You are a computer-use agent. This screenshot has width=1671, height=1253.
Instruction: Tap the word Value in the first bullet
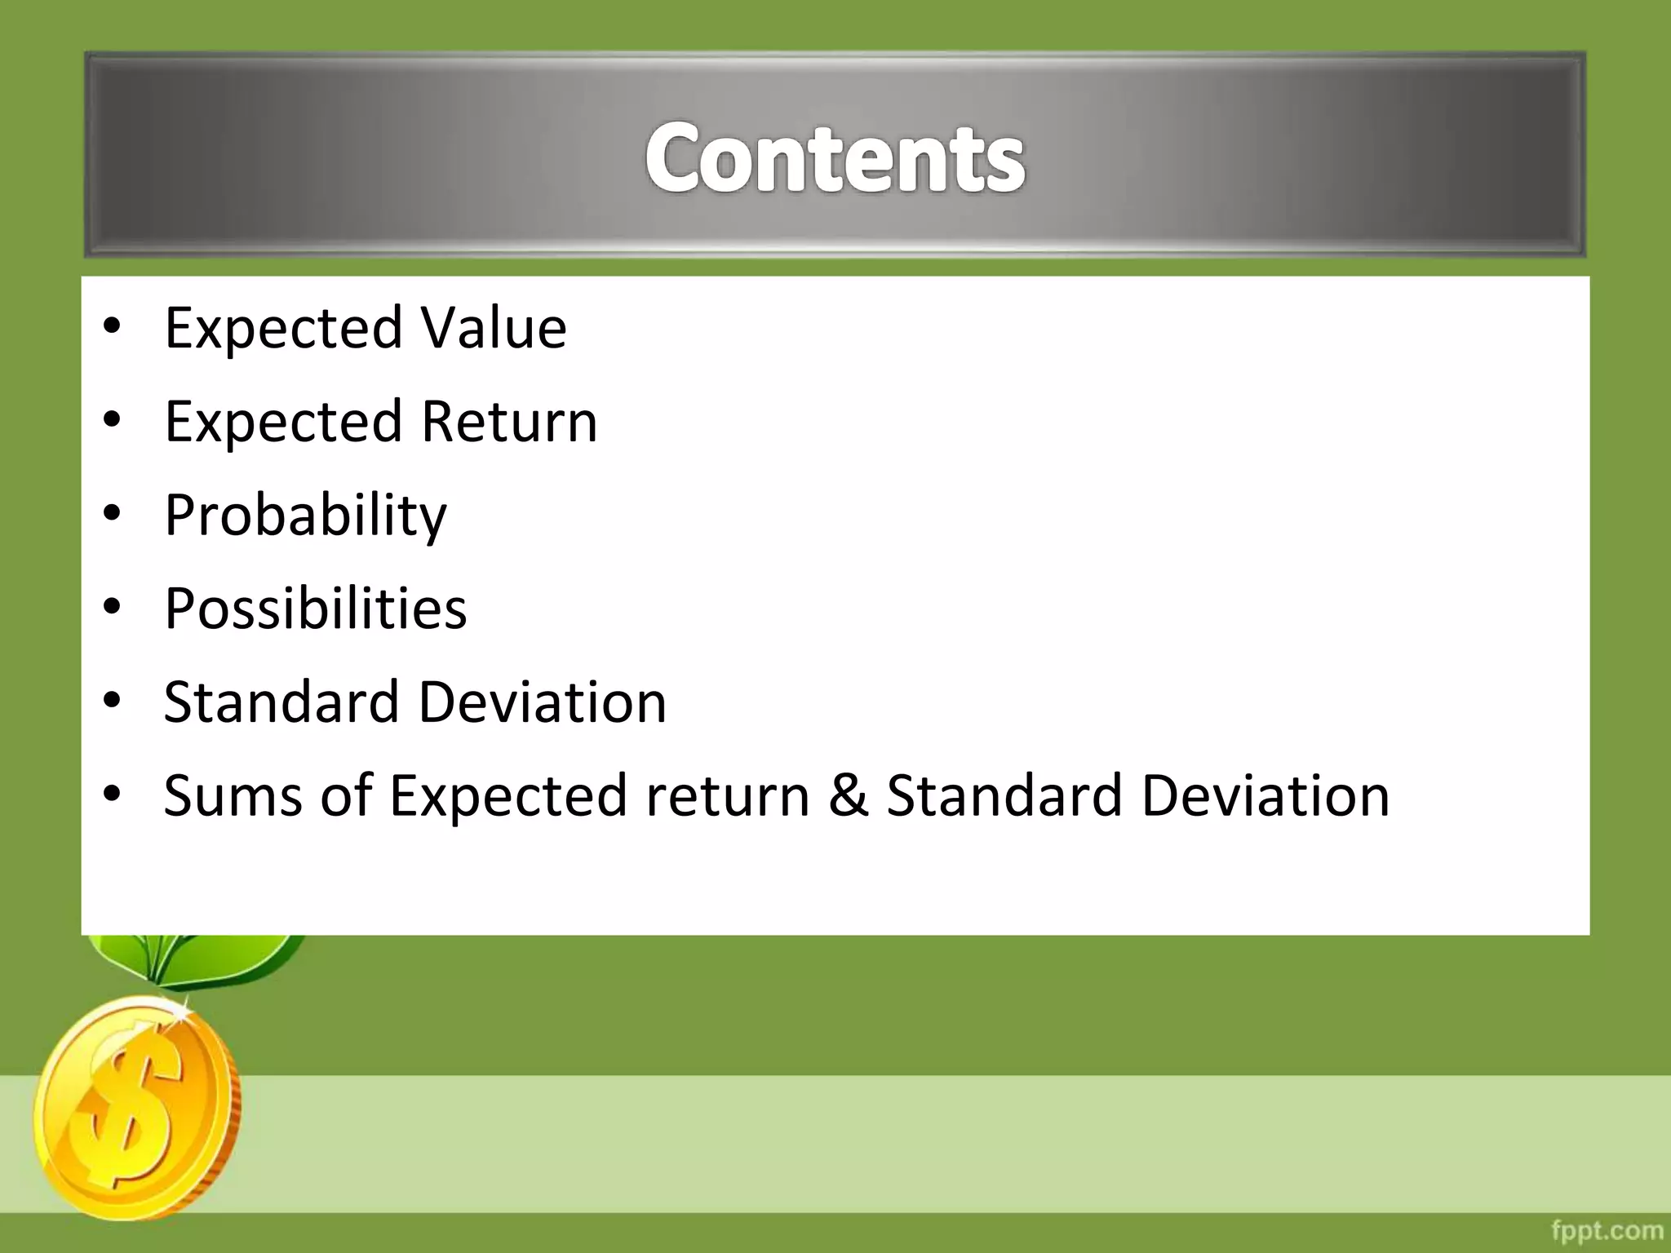(x=494, y=328)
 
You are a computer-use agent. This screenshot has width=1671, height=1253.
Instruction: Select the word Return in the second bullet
(x=510, y=422)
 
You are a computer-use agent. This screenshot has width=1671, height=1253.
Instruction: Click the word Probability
(x=305, y=516)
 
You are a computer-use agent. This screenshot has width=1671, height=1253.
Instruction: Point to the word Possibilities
(x=315, y=609)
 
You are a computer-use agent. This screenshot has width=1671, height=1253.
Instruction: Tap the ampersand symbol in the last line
(x=848, y=795)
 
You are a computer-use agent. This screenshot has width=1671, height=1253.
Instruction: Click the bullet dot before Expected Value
(x=113, y=326)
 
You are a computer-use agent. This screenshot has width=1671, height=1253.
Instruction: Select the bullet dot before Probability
(x=113, y=514)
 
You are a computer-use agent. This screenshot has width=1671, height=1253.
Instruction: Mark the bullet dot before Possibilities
(x=113, y=607)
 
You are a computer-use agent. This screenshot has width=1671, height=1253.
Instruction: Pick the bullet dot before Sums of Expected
(x=113, y=794)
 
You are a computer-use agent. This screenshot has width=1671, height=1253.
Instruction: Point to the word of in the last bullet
(x=346, y=795)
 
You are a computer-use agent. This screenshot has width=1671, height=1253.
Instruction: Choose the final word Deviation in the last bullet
(x=1265, y=795)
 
